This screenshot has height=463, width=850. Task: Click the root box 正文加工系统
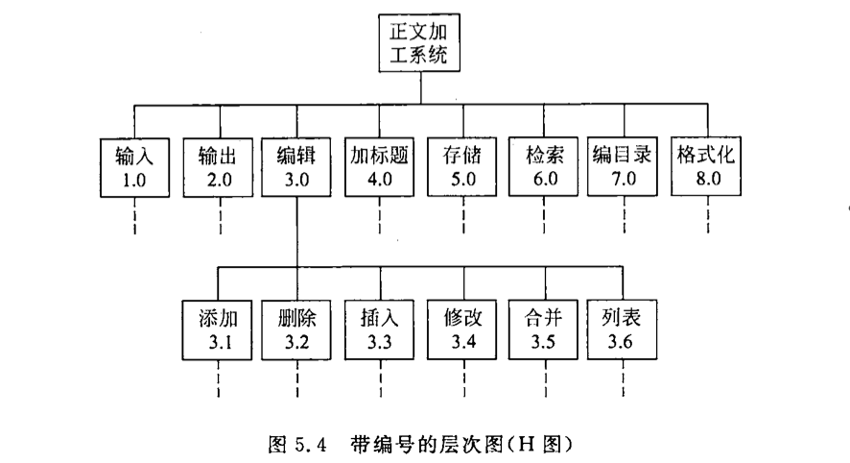click(x=419, y=43)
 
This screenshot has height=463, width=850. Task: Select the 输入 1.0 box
click(x=134, y=168)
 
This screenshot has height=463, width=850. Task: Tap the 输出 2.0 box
click(x=218, y=168)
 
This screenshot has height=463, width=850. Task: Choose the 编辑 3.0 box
click(x=296, y=167)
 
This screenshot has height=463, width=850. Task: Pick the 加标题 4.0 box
click(x=380, y=167)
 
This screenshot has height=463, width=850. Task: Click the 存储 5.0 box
click(x=461, y=166)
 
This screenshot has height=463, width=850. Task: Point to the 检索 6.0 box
click(x=543, y=166)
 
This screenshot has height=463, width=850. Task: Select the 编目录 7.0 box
click(x=623, y=166)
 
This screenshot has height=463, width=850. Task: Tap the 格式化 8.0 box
click(x=706, y=166)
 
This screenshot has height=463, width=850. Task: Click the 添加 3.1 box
click(x=217, y=330)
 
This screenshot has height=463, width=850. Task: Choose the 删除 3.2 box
click(x=296, y=330)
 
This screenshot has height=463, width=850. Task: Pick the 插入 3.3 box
click(x=380, y=330)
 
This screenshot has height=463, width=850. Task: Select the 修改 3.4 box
click(x=461, y=330)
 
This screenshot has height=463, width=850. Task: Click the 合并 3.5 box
click(x=543, y=330)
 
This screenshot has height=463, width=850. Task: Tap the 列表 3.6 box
click(x=622, y=329)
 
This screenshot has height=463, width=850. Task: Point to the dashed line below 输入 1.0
click(x=134, y=216)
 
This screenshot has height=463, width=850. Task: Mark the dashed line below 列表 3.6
click(x=623, y=378)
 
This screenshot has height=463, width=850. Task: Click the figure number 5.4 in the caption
click(x=311, y=445)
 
